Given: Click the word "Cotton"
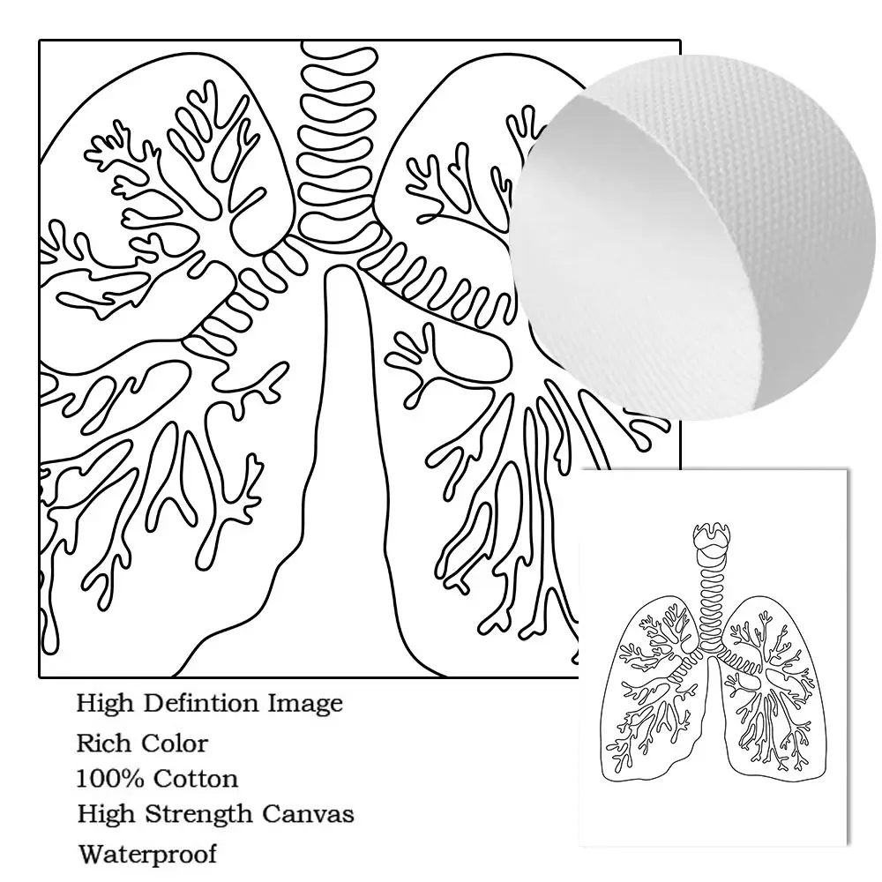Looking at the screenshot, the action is [196, 779].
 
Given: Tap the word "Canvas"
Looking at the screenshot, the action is [312, 814].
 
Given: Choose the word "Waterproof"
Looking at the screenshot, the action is [146, 854].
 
